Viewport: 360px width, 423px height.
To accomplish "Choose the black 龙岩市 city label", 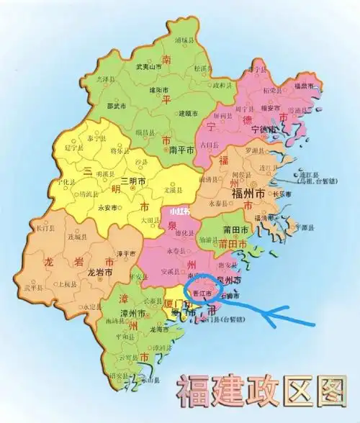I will [99, 273].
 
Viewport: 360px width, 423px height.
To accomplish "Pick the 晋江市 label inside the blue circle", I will [204, 294].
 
